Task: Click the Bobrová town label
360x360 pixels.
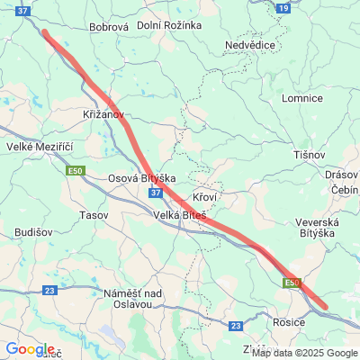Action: pos(110,27)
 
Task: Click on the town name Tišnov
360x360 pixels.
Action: pos(309,156)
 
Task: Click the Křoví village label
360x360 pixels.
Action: pos(206,196)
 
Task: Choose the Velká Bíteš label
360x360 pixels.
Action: pos(180,215)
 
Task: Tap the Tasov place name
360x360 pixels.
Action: pos(94,216)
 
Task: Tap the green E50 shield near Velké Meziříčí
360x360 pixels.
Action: pos(75,168)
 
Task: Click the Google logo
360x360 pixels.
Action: pos(29,349)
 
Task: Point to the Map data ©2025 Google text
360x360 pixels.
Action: pos(304,353)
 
